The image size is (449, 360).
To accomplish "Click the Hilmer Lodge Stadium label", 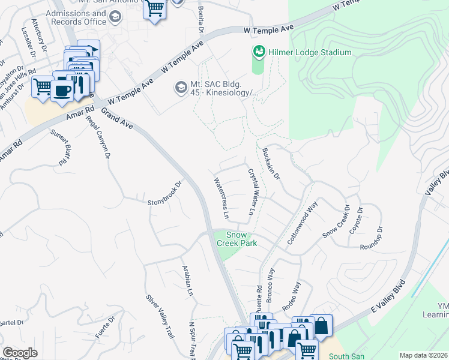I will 310,53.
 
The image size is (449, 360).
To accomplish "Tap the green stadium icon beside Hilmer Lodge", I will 259,52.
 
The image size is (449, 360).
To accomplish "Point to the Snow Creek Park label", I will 241,239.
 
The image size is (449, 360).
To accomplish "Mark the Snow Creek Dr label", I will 336,222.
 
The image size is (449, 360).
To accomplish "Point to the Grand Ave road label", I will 117,118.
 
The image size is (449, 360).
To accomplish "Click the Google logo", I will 20,353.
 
